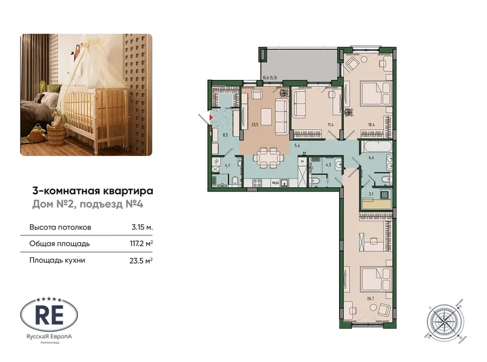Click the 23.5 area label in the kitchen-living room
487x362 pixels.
point(254,124)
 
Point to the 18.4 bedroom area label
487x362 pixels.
point(371,125)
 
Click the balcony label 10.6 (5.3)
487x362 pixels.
point(272,78)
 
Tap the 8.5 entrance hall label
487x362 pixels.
point(225,134)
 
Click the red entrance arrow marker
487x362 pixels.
point(211,117)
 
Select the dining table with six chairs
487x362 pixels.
point(269,156)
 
